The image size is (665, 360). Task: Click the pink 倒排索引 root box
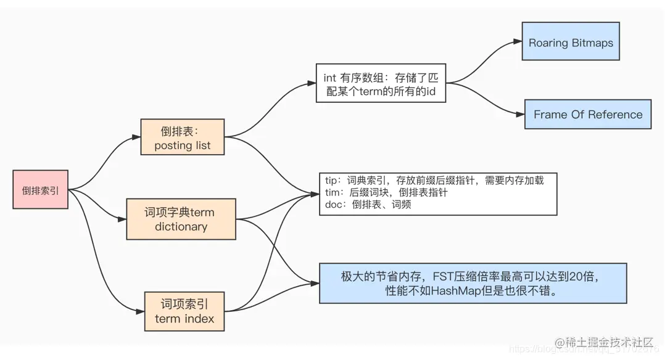pos(40,190)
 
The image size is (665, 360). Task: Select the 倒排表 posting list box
pos(182,137)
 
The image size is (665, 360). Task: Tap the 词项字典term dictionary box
pos(181,219)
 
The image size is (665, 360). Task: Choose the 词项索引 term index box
pos(184,311)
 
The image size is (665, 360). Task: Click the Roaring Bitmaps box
pos(571,43)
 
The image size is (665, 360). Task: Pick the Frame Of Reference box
pos(587,115)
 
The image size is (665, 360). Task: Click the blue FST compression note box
pos(473,284)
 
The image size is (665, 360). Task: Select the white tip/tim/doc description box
pos(438,194)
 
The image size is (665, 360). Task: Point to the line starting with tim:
pos(386,193)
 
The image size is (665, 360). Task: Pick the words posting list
pos(182,145)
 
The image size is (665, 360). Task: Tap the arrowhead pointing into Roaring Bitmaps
pos(518,42)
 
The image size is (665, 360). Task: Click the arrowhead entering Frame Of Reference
pos(521,114)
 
